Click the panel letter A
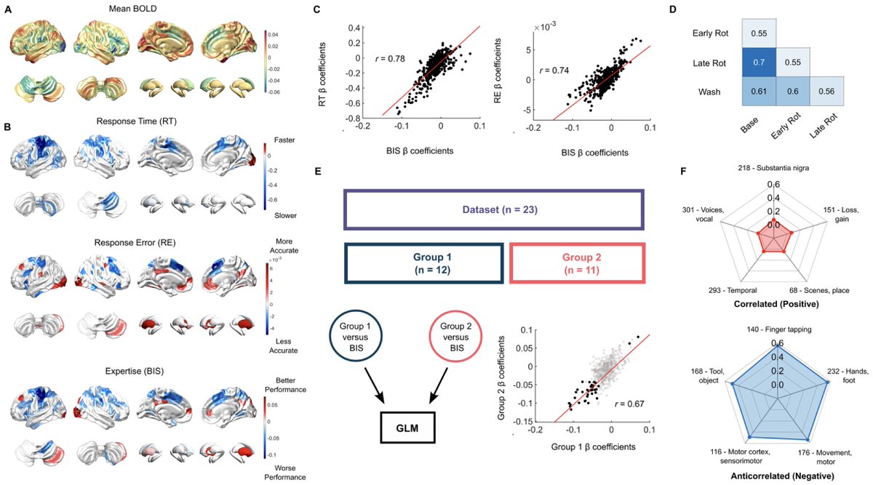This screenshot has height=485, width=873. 8,9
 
